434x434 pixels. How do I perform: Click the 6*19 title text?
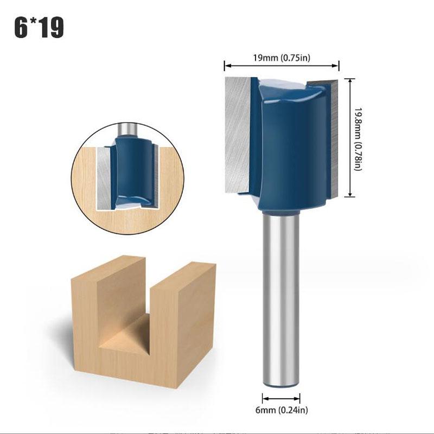[x=39, y=28]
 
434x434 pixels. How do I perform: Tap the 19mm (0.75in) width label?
[x=282, y=58]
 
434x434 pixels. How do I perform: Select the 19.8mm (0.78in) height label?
[x=359, y=139]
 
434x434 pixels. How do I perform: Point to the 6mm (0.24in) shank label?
[x=282, y=410]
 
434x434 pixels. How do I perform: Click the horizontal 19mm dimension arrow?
[x=282, y=66]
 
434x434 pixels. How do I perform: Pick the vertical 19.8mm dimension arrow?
[x=350, y=138]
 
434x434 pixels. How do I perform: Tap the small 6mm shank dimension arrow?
[x=281, y=399]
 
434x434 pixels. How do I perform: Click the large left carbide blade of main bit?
[x=238, y=135]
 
